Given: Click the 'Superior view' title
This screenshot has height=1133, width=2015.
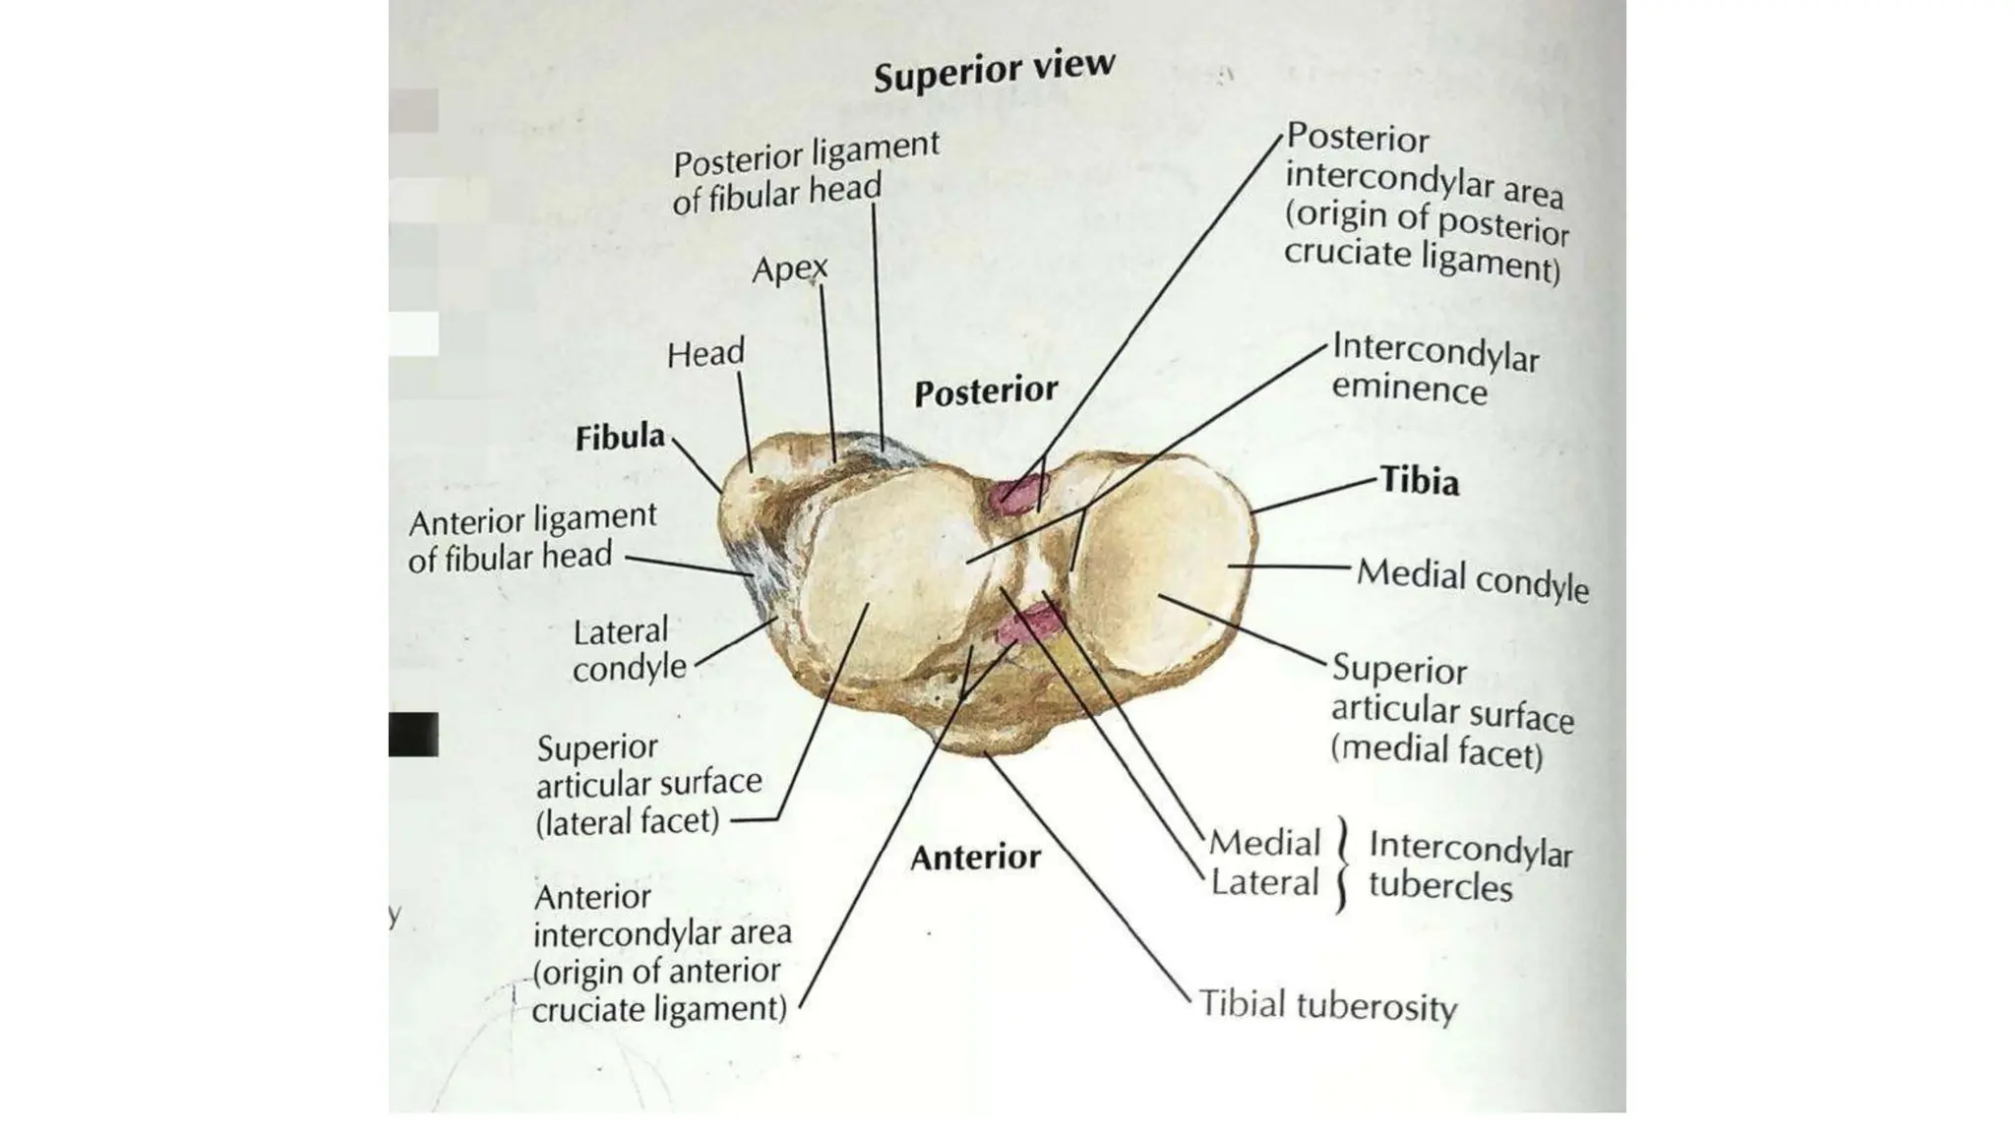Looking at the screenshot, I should click(x=994, y=70).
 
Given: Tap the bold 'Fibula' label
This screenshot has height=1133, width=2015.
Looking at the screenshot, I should click(x=620, y=437).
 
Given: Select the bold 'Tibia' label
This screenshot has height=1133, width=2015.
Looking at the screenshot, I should click(x=1419, y=481).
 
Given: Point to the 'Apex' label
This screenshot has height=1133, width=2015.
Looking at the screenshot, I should click(x=789, y=268).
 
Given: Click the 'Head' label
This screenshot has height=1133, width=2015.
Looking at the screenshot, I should click(x=705, y=353).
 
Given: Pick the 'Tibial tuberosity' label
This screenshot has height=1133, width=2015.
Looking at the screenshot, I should click(x=1327, y=1006).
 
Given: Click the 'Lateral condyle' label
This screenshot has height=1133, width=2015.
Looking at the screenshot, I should click(x=629, y=649).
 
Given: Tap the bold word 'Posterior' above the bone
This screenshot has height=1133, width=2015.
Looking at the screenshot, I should click(x=985, y=391).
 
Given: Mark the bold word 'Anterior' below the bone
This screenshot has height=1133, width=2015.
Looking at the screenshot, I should click(x=975, y=858).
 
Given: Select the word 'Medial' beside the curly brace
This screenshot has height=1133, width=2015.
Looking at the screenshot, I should click(x=1264, y=843).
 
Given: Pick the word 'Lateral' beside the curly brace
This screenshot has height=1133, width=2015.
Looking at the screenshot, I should click(x=1264, y=883).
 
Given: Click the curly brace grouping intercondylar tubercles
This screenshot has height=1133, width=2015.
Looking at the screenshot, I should click(x=1341, y=865).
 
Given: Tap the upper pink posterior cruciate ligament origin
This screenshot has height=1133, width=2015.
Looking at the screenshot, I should click(x=1016, y=492).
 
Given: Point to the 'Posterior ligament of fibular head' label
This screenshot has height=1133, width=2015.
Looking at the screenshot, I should click(x=805, y=172).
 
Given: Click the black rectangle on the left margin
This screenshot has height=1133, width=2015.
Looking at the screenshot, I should click(x=413, y=734).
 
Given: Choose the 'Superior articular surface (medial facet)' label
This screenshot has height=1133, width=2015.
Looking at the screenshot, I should click(x=1451, y=712).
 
